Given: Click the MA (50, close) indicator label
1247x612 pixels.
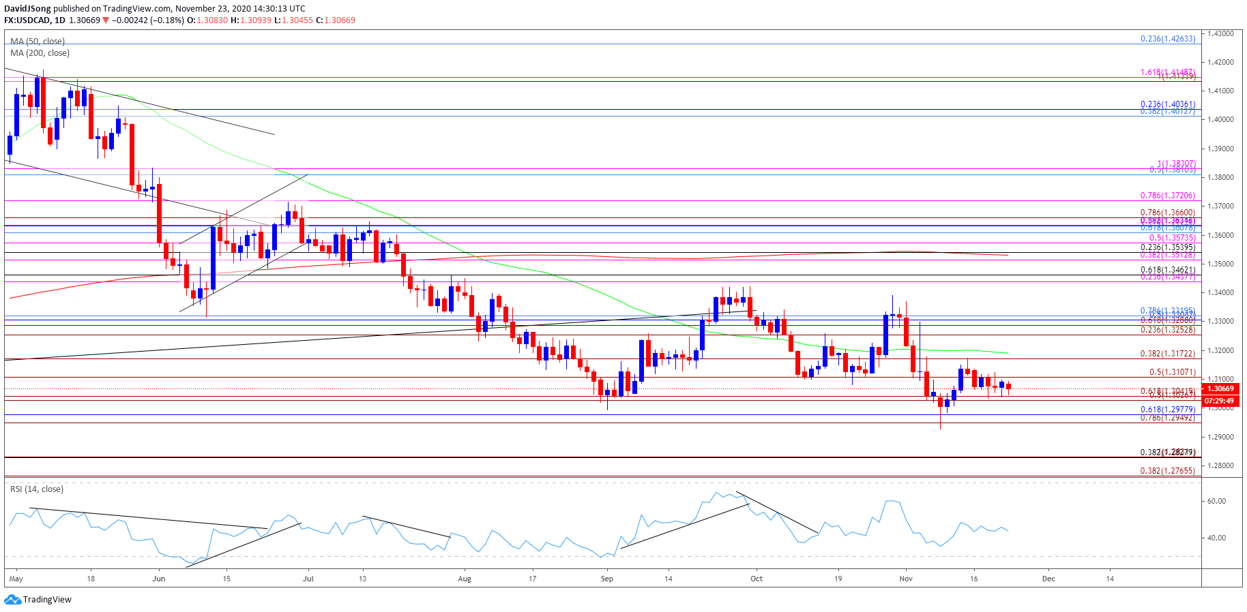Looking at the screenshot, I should click(x=38, y=42).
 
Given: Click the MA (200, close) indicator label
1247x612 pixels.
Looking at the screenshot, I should click(x=40, y=53).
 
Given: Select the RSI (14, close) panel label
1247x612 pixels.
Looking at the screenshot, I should click(x=37, y=489).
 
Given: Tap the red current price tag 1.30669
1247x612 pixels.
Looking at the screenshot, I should click(x=1221, y=388).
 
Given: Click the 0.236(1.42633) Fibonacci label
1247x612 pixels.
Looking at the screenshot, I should click(x=1167, y=39).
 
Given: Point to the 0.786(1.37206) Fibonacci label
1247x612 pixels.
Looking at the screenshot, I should click(x=1167, y=196).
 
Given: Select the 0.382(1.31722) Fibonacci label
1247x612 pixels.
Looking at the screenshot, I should click(x=1167, y=354).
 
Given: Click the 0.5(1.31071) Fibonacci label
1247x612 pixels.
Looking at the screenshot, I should click(x=1172, y=372).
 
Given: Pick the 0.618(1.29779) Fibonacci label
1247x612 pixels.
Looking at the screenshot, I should click(x=1167, y=410).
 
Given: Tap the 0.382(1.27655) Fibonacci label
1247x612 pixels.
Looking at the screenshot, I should click(x=1167, y=471).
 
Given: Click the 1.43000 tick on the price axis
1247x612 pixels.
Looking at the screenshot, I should click(x=1221, y=33).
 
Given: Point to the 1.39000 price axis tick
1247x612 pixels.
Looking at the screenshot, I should click(x=1221, y=149).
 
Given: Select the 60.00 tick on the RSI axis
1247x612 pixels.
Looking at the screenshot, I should click(x=1216, y=501).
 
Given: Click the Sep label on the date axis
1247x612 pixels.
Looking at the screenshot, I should click(x=606, y=579).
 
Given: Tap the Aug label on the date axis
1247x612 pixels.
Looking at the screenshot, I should click(x=465, y=579).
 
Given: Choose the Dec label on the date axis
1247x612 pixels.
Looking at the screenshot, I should click(x=1048, y=579).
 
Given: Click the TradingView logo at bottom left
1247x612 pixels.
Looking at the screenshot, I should click(x=38, y=600).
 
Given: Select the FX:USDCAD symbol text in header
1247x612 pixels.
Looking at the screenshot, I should click(x=27, y=20).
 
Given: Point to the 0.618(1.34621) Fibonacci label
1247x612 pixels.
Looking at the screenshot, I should click(x=1167, y=270).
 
